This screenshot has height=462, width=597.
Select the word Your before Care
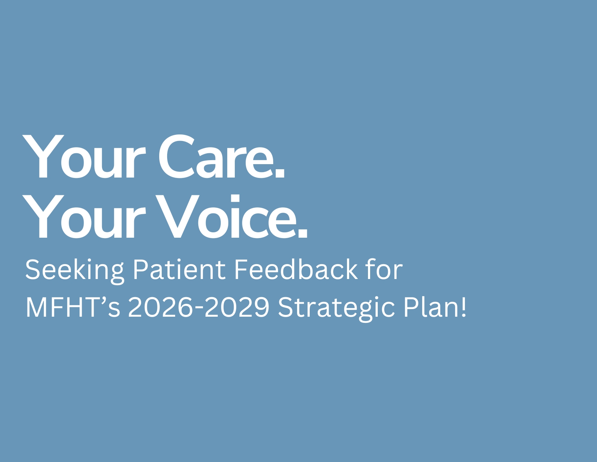84,156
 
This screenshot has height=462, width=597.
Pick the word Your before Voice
84,216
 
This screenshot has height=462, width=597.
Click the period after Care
280,173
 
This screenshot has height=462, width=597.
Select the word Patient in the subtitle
179,269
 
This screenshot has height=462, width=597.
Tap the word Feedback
296,269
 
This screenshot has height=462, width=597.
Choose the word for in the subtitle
385,269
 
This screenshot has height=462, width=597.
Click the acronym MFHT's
73,307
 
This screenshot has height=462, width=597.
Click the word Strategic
336,309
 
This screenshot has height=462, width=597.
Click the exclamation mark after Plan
464,307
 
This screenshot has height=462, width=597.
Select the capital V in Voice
177,216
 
